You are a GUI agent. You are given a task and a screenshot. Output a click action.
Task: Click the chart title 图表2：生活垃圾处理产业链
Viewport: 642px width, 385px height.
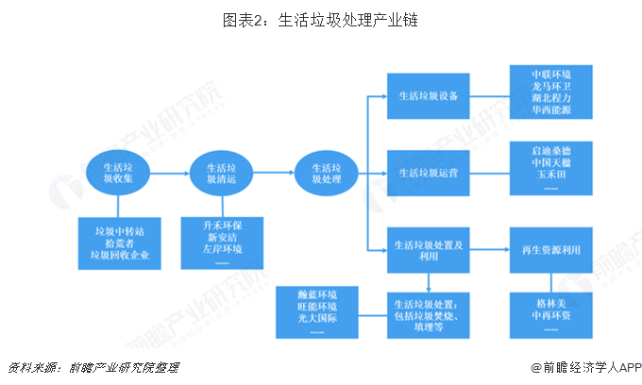321,20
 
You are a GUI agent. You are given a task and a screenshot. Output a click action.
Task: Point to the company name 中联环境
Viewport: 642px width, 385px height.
551,74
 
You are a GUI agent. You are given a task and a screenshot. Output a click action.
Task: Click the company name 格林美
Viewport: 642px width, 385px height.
551,305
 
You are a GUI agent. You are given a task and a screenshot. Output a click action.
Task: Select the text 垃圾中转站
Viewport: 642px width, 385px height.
119,230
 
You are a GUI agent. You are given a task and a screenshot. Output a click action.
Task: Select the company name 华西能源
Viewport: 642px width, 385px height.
551,110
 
